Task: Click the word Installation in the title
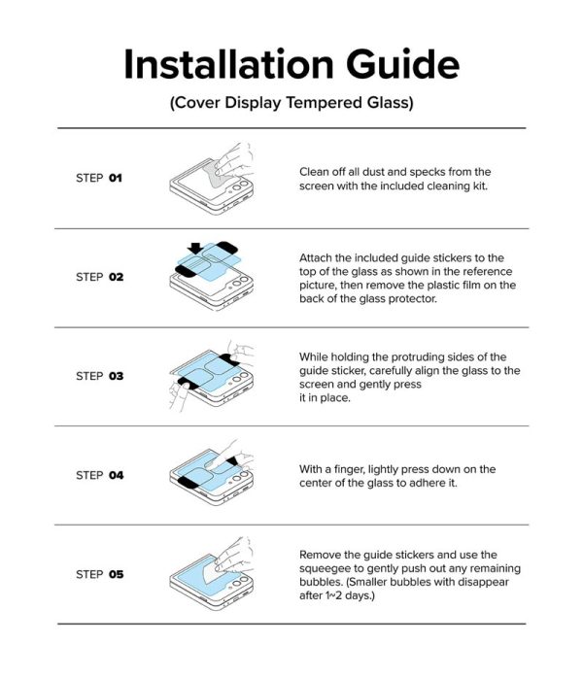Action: (x=228, y=64)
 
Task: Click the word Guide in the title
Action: (x=402, y=65)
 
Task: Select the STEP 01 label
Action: (x=99, y=178)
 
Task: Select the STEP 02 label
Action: (x=99, y=277)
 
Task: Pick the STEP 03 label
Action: (x=99, y=376)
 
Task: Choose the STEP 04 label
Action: (x=99, y=475)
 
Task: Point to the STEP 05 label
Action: (x=99, y=574)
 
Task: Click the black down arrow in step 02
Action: (x=195, y=249)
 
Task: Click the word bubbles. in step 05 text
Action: (x=321, y=582)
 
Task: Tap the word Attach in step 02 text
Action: (x=315, y=257)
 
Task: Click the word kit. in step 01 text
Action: (x=480, y=186)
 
